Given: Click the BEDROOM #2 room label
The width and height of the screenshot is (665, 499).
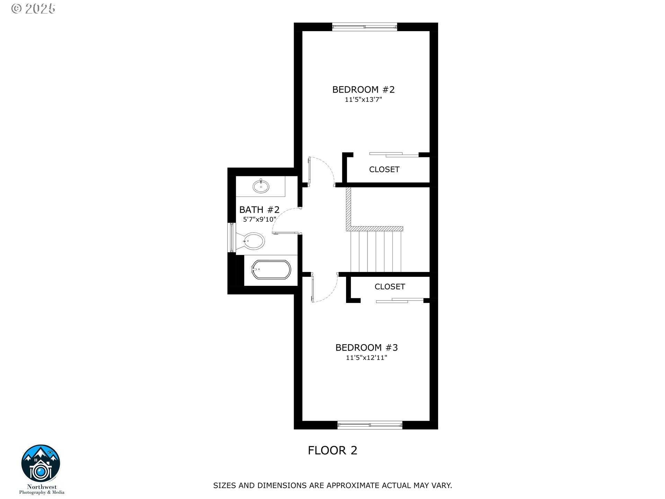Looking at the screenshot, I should pyautogui.click(x=363, y=90).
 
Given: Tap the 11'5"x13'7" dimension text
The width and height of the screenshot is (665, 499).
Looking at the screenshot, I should pyautogui.click(x=363, y=100).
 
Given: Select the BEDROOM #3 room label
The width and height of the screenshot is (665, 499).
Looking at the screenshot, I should pyautogui.click(x=366, y=348).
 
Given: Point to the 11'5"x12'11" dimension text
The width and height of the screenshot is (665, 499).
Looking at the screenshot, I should pyautogui.click(x=366, y=358).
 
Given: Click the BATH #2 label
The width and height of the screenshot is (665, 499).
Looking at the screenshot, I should pyautogui.click(x=259, y=210).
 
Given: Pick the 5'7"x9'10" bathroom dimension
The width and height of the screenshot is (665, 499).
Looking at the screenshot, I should pyautogui.click(x=259, y=219).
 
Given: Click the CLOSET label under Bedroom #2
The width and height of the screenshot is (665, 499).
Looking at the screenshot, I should pyautogui.click(x=384, y=169).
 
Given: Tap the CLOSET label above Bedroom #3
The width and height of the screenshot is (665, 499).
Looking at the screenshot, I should pyautogui.click(x=390, y=287).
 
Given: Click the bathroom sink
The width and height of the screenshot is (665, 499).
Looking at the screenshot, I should pyautogui.click(x=261, y=187).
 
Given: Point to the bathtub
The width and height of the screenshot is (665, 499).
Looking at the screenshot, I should pyautogui.click(x=271, y=270).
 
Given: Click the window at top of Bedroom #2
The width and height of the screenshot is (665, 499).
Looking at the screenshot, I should pyautogui.click(x=364, y=26).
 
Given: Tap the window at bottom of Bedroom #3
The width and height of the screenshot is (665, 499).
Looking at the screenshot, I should pyautogui.click(x=370, y=425).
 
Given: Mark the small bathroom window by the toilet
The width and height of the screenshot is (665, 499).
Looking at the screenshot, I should pyautogui.click(x=231, y=237).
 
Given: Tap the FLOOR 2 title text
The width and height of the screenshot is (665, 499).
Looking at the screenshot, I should pyautogui.click(x=332, y=450).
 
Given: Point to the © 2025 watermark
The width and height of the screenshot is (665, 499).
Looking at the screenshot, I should pyautogui.click(x=33, y=9).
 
